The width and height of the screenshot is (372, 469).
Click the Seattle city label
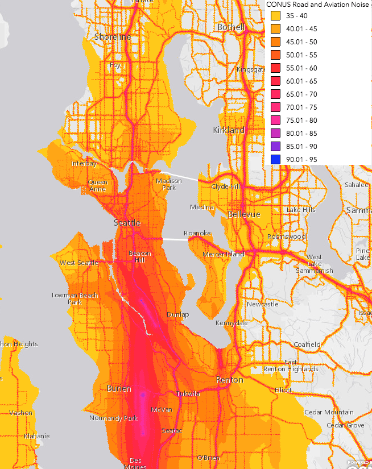[x=127, y=223]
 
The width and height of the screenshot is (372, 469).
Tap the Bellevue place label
[x=243, y=214]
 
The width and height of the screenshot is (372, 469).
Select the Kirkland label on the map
[x=229, y=130]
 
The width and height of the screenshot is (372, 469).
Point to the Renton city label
[x=230, y=380]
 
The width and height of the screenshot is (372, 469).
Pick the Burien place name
[x=120, y=388]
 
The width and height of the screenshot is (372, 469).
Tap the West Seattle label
[x=79, y=263]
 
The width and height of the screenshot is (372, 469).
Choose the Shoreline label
[x=113, y=37]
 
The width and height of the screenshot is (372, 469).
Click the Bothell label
[x=231, y=27]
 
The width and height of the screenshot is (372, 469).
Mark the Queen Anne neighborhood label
[x=98, y=186]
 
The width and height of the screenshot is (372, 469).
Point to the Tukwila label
[x=186, y=393]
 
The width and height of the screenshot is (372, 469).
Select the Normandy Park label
[x=113, y=418]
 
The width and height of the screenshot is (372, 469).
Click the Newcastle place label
[x=263, y=304]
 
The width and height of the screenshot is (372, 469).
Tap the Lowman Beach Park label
[x=75, y=298]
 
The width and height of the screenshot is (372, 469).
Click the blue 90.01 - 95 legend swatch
[x=276, y=160]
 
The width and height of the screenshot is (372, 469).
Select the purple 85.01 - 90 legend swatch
[x=276, y=147]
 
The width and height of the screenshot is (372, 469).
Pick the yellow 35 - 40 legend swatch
[x=276, y=16]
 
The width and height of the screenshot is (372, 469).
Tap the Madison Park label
[x=169, y=184]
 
